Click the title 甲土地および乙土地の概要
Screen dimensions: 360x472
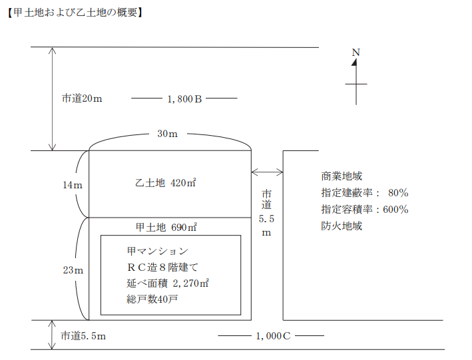click(x=75, y=11)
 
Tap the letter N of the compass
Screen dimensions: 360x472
click(x=356, y=52)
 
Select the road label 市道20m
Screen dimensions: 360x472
click(x=82, y=98)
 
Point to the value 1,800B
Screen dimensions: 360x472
click(x=184, y=98)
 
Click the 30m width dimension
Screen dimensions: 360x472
click(x=167, y=134)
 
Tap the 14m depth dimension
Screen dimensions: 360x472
click(x=73, y=184)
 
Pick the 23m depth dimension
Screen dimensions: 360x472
click(x=73, y=270)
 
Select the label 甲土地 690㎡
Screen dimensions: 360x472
click(x=166, y=227)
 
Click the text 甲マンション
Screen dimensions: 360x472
click(x=157, y=252)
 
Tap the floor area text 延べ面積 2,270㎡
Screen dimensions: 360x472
click(x=167, y=283)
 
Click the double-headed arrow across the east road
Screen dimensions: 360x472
click(x=268, y=172)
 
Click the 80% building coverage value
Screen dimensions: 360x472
click(x=397, y=193)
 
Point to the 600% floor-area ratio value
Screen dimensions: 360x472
click(x=395, y=209)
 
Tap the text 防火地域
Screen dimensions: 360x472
click(x=341, y=226)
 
